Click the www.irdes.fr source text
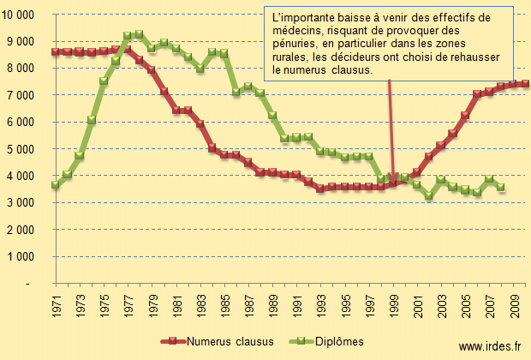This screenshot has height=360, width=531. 489,345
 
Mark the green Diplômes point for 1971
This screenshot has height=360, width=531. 56,185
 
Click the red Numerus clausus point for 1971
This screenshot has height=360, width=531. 56,51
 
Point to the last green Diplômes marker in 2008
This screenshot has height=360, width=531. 500,187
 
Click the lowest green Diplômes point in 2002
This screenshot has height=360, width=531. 428,196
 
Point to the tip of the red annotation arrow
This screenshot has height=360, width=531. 393,182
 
